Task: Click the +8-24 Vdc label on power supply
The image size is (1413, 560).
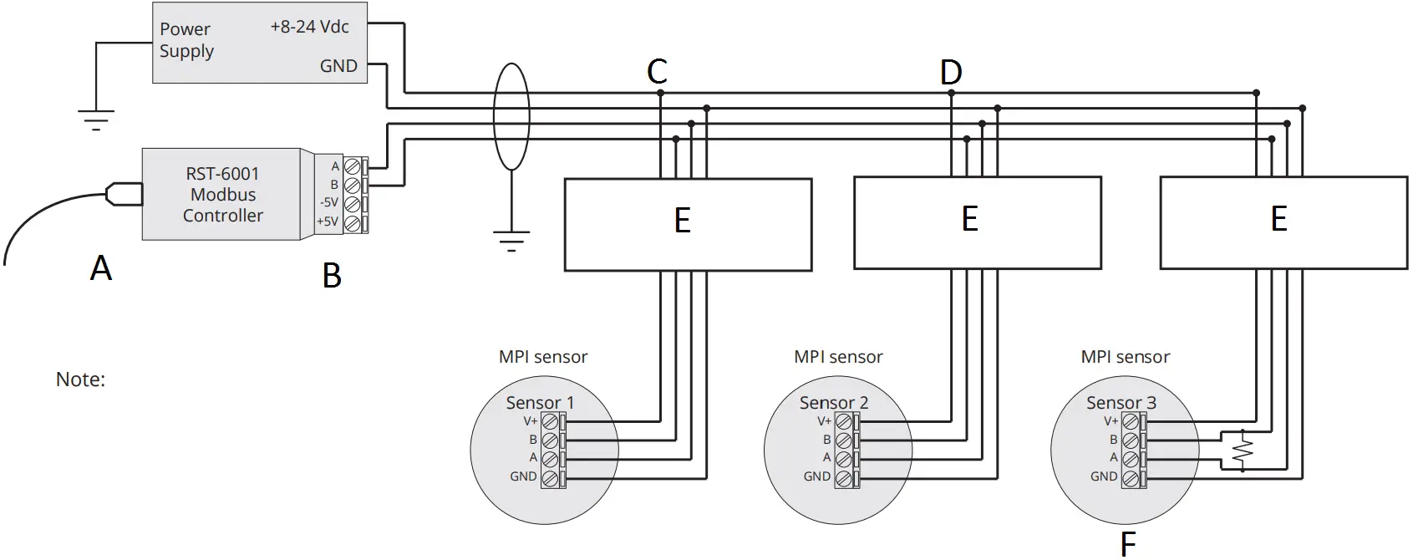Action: [x=309, y=27]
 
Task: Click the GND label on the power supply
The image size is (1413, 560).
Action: [x=338, y=66]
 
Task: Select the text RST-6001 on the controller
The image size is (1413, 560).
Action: [x=222, y=174]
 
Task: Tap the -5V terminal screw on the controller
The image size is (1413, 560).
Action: [x=352, y=203]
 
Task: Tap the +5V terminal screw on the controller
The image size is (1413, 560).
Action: [x=352, y=222]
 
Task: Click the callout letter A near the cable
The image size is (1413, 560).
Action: [x=101, y=268]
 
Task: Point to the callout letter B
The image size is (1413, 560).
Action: [x=332, y=276]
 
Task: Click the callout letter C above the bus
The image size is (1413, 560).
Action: [x=658, y=72]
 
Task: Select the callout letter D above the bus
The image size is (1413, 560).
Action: [x=951, y=73]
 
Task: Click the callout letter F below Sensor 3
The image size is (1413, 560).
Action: [x=1128, y=544]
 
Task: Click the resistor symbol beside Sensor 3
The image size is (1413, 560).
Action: [x=1243, y=451]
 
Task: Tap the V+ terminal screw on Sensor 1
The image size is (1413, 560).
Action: [x=549, y=421]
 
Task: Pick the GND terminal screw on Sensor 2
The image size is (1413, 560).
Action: [x=843, y=479]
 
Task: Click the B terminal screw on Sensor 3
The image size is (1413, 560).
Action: [x=1130, y=440]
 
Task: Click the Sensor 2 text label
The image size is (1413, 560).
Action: [x=833, y=403]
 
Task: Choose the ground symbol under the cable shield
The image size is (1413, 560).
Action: [x=511, y=241]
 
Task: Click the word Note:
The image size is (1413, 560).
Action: [x=80, y=379]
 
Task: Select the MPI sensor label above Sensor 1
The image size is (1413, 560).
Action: [x=543, y=357]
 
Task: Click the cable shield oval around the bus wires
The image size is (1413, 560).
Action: [x=511, y=117]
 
